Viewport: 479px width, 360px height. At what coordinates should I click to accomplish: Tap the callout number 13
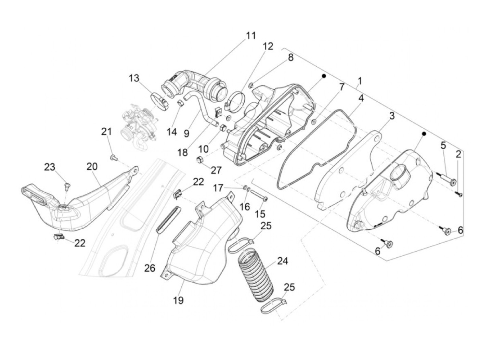coord(134,78)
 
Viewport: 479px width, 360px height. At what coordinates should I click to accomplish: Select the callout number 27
coord(216,170)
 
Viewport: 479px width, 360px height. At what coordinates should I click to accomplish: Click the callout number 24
coord(282,261)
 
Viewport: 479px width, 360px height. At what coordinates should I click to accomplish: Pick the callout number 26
coord(150,268)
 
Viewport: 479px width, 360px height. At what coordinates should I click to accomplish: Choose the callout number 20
coord(92,167)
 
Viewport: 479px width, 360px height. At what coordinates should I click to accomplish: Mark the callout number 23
coord(49,167)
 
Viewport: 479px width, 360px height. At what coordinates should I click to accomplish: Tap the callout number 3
coord(391,116)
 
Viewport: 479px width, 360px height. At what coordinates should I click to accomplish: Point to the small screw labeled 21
coord(113,157)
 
